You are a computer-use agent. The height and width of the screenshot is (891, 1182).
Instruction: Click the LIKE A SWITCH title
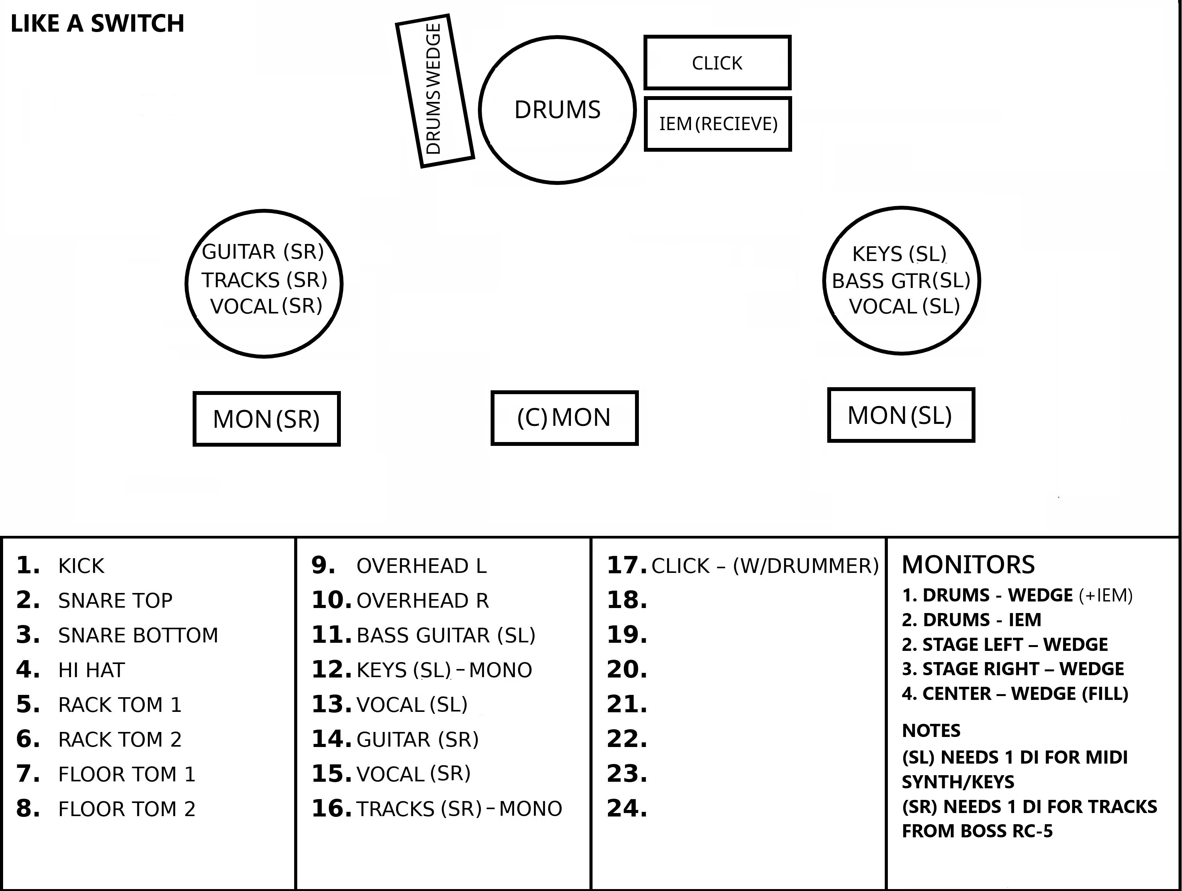tap(97, 24)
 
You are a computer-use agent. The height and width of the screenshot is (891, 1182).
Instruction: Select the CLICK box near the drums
tap(717, 63)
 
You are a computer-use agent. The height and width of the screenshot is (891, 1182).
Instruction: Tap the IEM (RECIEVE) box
tap(718, 124)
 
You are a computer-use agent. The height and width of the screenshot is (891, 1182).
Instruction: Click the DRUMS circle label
tap(557, 110)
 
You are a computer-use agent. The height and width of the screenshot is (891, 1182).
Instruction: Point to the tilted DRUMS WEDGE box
tap(434, 91)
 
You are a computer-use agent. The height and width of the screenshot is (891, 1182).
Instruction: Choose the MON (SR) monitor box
tap(266, 419)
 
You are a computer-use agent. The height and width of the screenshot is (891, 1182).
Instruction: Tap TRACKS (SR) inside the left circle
tap(264, 279)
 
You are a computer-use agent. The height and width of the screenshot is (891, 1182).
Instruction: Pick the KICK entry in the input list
tap(81, 566)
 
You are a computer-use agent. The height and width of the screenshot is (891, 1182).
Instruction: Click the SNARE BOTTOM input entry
tap(138, 635)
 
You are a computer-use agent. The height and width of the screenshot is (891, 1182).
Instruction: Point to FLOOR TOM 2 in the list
tap(127, 809)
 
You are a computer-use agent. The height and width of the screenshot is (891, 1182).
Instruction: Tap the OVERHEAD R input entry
tap(422, 601)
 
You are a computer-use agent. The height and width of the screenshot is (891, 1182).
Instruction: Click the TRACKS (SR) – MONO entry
tap(459, 809)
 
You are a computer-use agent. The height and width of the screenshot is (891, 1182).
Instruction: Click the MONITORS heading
tap(968, 565)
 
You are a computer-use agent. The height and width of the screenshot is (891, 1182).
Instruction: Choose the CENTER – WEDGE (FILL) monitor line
tap(1015, 694)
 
